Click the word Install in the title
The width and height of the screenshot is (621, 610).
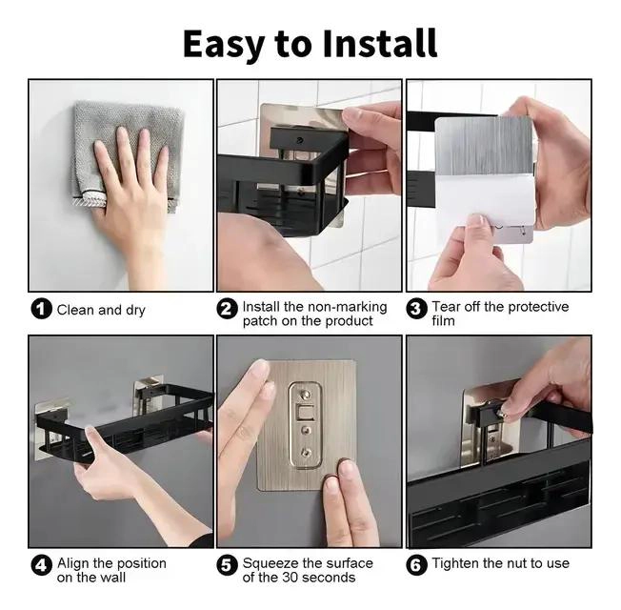380,43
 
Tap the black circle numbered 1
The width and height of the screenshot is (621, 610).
42,309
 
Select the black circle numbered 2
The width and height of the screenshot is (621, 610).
228,309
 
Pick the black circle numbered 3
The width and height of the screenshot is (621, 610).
416,309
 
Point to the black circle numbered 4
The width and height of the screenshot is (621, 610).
42,565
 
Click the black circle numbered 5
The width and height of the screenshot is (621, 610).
228,565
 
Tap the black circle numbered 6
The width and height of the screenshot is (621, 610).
416,565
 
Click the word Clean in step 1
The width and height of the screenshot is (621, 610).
75,310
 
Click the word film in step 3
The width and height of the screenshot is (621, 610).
443,320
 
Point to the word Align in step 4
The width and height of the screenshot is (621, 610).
73,563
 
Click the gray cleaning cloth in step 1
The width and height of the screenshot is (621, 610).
126,154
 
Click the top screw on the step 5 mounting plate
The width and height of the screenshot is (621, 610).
306,395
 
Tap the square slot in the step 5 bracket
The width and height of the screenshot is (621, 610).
307,413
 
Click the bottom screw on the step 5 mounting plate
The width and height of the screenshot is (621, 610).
306,452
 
